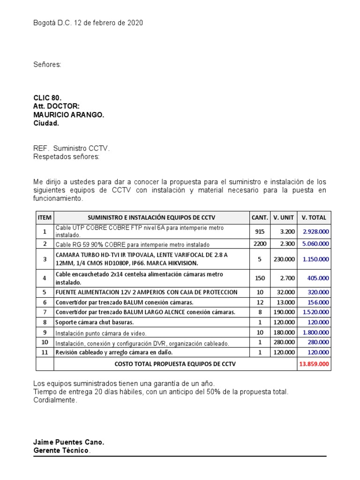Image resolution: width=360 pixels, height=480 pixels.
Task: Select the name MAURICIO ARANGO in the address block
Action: [69, 115]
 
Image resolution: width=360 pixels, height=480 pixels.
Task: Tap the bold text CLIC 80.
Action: [47, 98]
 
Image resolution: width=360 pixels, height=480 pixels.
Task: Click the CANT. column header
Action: [260, 217]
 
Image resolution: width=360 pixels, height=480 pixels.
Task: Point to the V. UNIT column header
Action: [284, 217]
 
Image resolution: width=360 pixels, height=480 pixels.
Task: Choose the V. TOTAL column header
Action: [315, 217]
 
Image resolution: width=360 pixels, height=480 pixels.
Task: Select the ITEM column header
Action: [45, 217]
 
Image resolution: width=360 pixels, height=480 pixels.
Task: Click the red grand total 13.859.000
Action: [315, 364]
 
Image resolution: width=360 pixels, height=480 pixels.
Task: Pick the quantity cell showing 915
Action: [260, 232]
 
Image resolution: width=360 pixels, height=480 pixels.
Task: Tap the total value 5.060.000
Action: [315, 244]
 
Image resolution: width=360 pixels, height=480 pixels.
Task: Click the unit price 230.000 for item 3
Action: [284, 259]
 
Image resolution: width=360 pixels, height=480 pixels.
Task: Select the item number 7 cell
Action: [45, 312]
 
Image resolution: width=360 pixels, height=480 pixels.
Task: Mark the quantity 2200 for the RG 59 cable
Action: [260, 244]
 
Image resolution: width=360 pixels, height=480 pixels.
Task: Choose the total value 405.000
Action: [318, 278]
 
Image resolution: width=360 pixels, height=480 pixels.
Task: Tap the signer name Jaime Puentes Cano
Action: [69, 442]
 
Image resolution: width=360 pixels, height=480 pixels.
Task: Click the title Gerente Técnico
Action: [61, 450]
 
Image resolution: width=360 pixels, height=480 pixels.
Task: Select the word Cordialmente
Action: [54, 400]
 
